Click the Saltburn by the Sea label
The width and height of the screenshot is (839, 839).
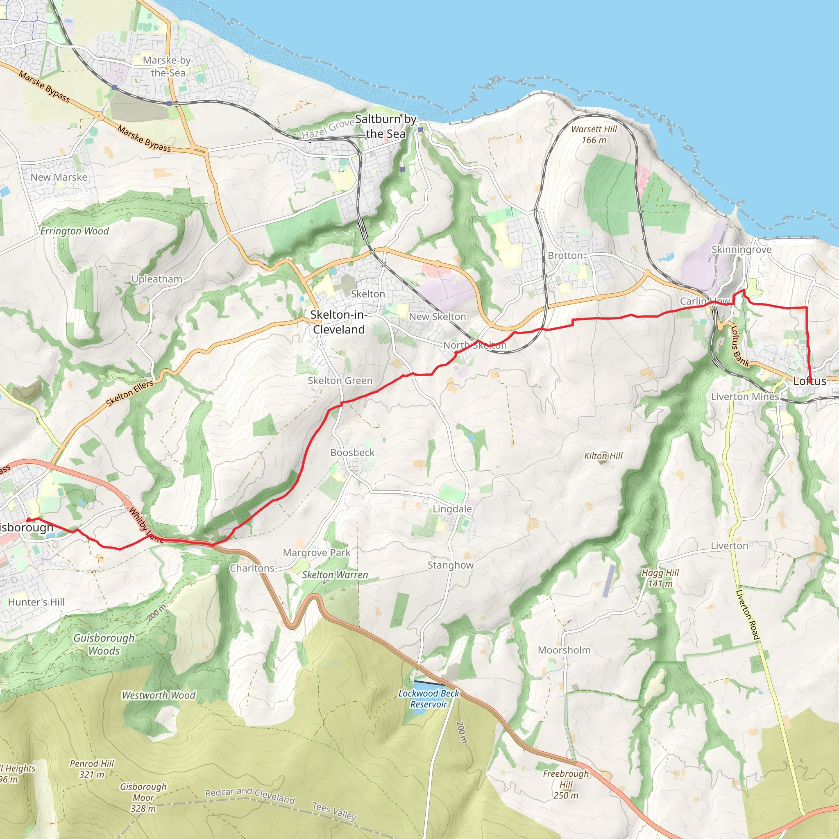(x=385, y=126)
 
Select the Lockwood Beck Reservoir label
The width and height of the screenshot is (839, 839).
(x=428, y=699)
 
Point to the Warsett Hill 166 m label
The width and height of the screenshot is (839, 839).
(x=594, y=135)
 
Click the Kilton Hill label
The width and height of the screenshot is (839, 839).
(x=603, y=456)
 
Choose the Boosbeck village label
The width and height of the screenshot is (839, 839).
(x=352, y=453)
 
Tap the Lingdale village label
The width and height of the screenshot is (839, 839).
(x=452, y=508)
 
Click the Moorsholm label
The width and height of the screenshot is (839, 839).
(x=564, y=650)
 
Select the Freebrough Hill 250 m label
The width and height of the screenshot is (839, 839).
(x=566, y=784)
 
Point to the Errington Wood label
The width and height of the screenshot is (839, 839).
(x=75, y=231)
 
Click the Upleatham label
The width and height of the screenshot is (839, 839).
(x=157, y=279)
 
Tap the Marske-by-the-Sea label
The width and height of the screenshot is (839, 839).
(x=168, y=66)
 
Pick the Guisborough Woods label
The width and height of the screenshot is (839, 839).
(x=104, y=644)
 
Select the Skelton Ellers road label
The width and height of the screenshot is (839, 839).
(x=130, y=393)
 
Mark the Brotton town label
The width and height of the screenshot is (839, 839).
(x=565, y=255)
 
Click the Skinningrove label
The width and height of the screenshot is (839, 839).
(x=741, y=250)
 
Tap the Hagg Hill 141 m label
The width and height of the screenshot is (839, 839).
(x=660, y=578)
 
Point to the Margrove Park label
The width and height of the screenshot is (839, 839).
(x=316, y=553)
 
